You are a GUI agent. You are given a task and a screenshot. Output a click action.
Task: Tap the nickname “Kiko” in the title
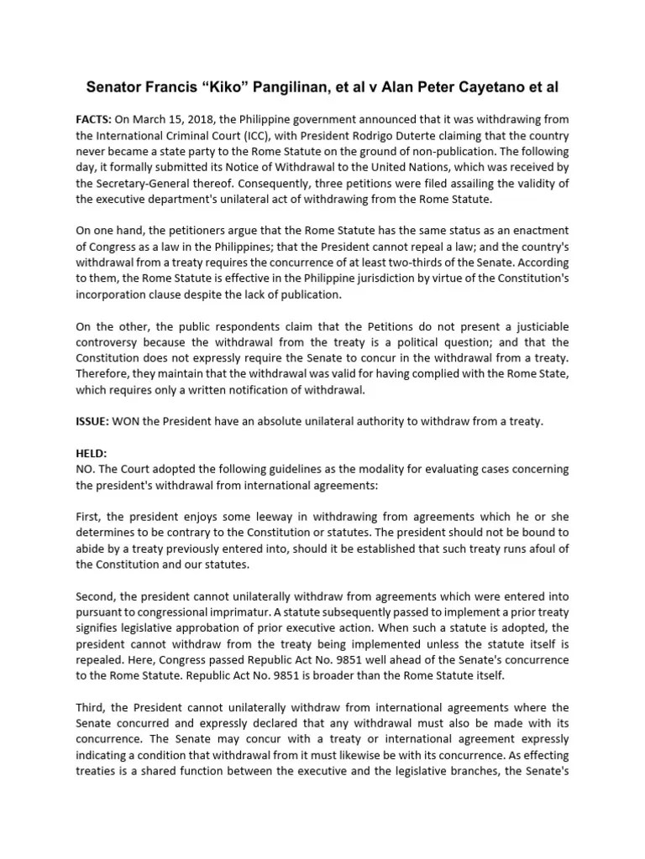(229, 86)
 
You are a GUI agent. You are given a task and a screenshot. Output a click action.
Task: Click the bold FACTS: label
(93, 121)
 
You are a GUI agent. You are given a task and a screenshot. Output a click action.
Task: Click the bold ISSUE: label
(92, 421)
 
